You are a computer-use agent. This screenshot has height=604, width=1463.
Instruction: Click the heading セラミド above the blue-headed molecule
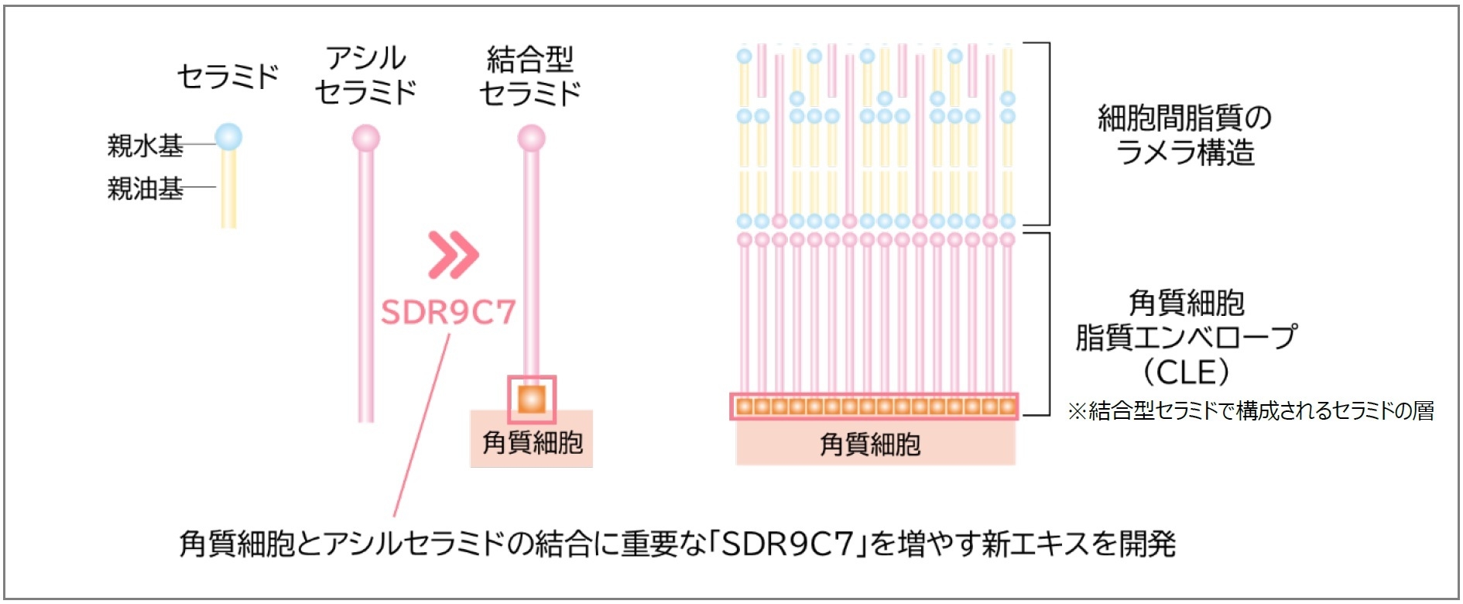pos(228,76)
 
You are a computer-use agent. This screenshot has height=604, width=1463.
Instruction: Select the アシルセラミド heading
pos(365,75)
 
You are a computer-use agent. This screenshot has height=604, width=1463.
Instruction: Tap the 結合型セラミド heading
pos(530,76)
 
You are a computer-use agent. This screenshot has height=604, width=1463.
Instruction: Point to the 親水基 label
pos(145,145)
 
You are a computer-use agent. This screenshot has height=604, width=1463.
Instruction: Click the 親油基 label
pos(145,188)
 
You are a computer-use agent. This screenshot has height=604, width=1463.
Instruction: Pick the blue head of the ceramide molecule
pos(228,137)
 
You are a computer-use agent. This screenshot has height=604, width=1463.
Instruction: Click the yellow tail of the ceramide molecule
pos(228,190)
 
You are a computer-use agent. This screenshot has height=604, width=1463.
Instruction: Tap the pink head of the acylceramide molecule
pos(366,139)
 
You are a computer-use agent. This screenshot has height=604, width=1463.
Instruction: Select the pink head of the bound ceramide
pos(531,139)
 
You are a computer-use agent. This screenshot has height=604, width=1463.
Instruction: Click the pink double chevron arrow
pos(454,254)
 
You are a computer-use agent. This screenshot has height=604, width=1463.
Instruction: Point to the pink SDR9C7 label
pos(448,312)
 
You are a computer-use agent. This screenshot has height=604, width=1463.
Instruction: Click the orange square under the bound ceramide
pos(532,400)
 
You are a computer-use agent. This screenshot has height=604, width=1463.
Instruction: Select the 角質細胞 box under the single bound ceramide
pos(532,443)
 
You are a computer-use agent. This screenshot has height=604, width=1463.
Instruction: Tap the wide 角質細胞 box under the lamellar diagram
pos(875,444)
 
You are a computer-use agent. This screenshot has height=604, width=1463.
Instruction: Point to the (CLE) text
pos(1186,372)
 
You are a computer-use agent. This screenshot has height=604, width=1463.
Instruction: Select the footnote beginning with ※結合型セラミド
pos(1250,410)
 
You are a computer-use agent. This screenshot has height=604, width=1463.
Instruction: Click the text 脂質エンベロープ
pos(1186,338)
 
